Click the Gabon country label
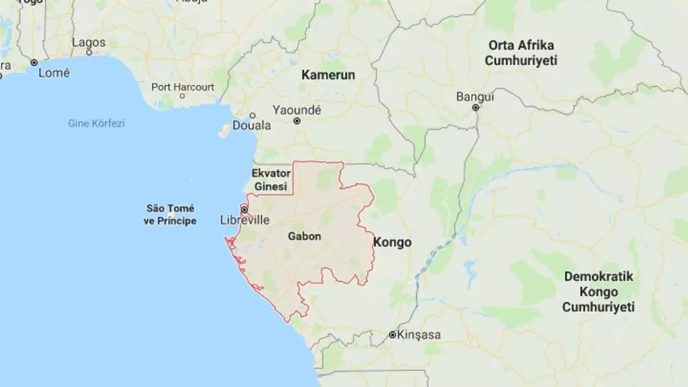[304, 236]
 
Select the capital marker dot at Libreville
[244, 209]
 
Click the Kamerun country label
[329, 75]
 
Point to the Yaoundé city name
[297, 110]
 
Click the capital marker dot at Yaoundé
[297, 122]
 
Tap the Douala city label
[251, 126]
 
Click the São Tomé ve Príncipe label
[171, 214]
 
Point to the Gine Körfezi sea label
[96, 123]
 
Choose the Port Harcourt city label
[183, 87]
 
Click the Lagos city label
[89, 42]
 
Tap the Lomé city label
[54, 73]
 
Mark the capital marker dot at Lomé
[34, 62]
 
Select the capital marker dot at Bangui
[475, 107]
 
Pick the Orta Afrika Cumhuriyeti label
[522, 53]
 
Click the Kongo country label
[392, 243]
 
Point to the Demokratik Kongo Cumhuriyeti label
[599, 292]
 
